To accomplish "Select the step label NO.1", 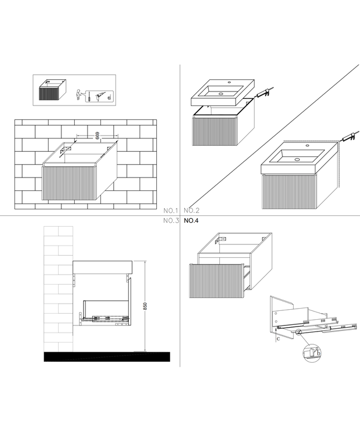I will tap(170, 211).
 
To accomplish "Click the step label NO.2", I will tap(191, 211).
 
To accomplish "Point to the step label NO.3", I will tap(170, 221).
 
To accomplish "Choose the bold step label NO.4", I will tap(191, 221).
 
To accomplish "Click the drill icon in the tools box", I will tap(100, 95).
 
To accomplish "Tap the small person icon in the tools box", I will tap(79, 93).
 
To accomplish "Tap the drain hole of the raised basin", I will tap(222, 93).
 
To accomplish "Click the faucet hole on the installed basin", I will tap(307, 146).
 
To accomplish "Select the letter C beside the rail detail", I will tap(277, 338).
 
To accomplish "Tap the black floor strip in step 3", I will tap(106, 356).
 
